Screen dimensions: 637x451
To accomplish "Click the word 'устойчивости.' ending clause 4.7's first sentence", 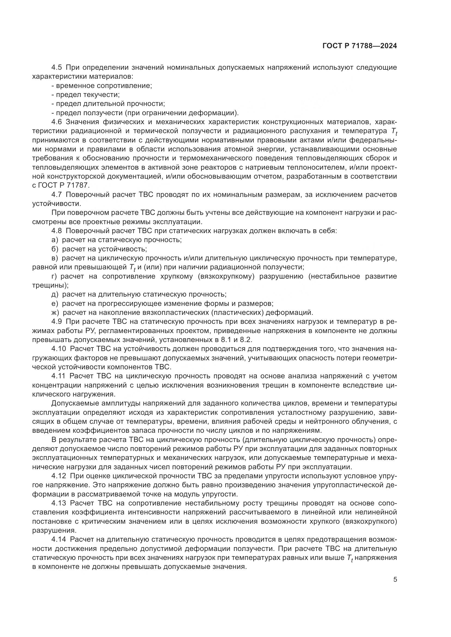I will coord(57,204).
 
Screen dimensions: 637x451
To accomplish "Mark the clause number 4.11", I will coord(59,376).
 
